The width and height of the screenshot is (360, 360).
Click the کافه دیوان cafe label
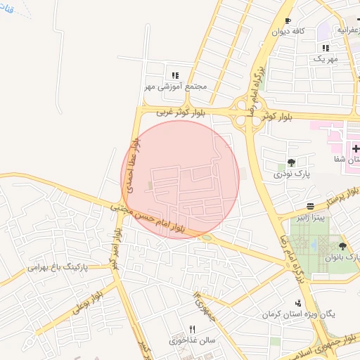click(x=288, y=32)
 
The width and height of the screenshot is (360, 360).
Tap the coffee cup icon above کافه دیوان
click(x=288, y=20)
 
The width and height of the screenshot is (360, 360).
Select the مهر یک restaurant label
click(x=326, y=58)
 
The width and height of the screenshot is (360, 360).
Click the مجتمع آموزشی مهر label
click(x=175, y=86)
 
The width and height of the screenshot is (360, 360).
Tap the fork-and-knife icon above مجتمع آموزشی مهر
click(x=175, y=75)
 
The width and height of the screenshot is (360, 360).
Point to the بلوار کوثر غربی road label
click(x=164, y=112)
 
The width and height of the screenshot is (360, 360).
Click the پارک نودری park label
click(x=291, y=173)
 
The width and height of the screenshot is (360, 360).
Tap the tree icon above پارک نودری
click(x=291, y=162)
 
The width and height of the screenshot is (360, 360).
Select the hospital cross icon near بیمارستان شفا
click(x=356, y=148)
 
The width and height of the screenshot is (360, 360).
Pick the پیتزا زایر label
click(x=310, y=217)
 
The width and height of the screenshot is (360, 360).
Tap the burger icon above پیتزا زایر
click(x=310, y=206)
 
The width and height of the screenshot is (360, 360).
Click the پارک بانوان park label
click(x=342, y=257)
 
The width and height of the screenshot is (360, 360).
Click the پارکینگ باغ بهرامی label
click(x=58, y=267)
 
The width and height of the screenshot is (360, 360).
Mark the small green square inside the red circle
click(x=148, y=185)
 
